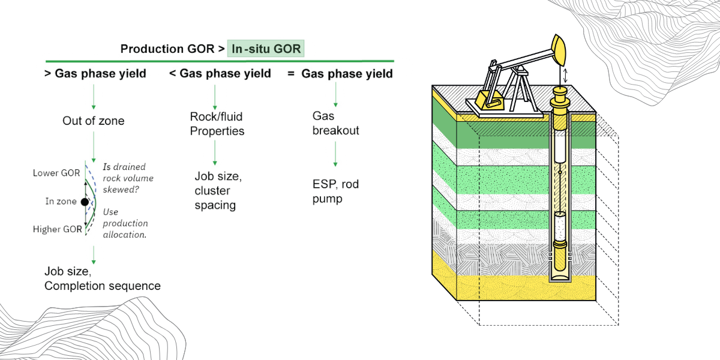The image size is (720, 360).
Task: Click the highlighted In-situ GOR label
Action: click(x=265, y=49)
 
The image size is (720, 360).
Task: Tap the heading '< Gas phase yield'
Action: click(x=220, y=74)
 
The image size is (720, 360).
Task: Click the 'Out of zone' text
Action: click(x=94, y=121)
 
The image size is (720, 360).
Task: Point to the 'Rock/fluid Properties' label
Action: click(x=217, y=124)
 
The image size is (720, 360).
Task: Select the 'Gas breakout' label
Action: click(x=335, y=122)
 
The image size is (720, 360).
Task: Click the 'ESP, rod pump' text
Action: click(x=335, y=191)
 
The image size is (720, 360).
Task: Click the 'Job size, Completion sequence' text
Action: click(x=103, y=279)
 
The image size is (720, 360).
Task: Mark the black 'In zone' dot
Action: click(x=85, y=202)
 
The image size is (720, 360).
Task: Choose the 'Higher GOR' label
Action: click(x=58, y=229)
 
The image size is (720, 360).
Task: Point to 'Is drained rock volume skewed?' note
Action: click(x=128, y=178)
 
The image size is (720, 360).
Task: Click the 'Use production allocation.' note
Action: click(x=125, y=223)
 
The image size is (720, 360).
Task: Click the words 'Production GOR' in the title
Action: click(x=167, y=49)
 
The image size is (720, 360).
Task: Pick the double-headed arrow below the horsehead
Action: click(x=564, y=76)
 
